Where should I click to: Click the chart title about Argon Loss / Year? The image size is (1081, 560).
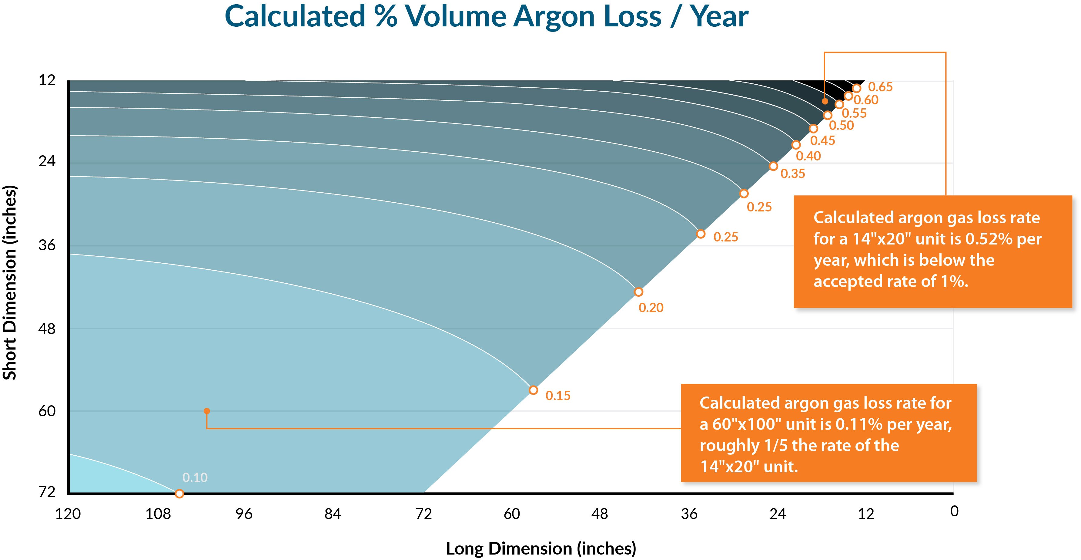coord(486,17)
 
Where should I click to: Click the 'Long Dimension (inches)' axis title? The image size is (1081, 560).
coord(540,548)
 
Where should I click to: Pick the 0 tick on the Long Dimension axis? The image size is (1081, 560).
coord(954,511)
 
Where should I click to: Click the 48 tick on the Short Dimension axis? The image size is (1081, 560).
coord(47,329)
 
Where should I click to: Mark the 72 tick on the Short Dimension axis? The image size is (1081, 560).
coord(47,491)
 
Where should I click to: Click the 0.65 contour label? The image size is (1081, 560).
coord(880,87)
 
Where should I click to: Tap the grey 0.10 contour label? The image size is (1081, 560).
coord(195,477)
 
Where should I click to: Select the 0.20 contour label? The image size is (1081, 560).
coord(651,308)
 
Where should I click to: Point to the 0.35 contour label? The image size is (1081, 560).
coord(793,174)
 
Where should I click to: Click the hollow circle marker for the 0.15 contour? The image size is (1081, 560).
coord(533,390)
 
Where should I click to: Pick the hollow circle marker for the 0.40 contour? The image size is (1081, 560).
coord(796,145)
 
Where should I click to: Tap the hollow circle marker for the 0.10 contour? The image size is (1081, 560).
coord(179,494)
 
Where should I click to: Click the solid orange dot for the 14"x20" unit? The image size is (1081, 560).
coord(825,101)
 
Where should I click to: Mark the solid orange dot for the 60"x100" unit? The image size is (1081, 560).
coord(206,411)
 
